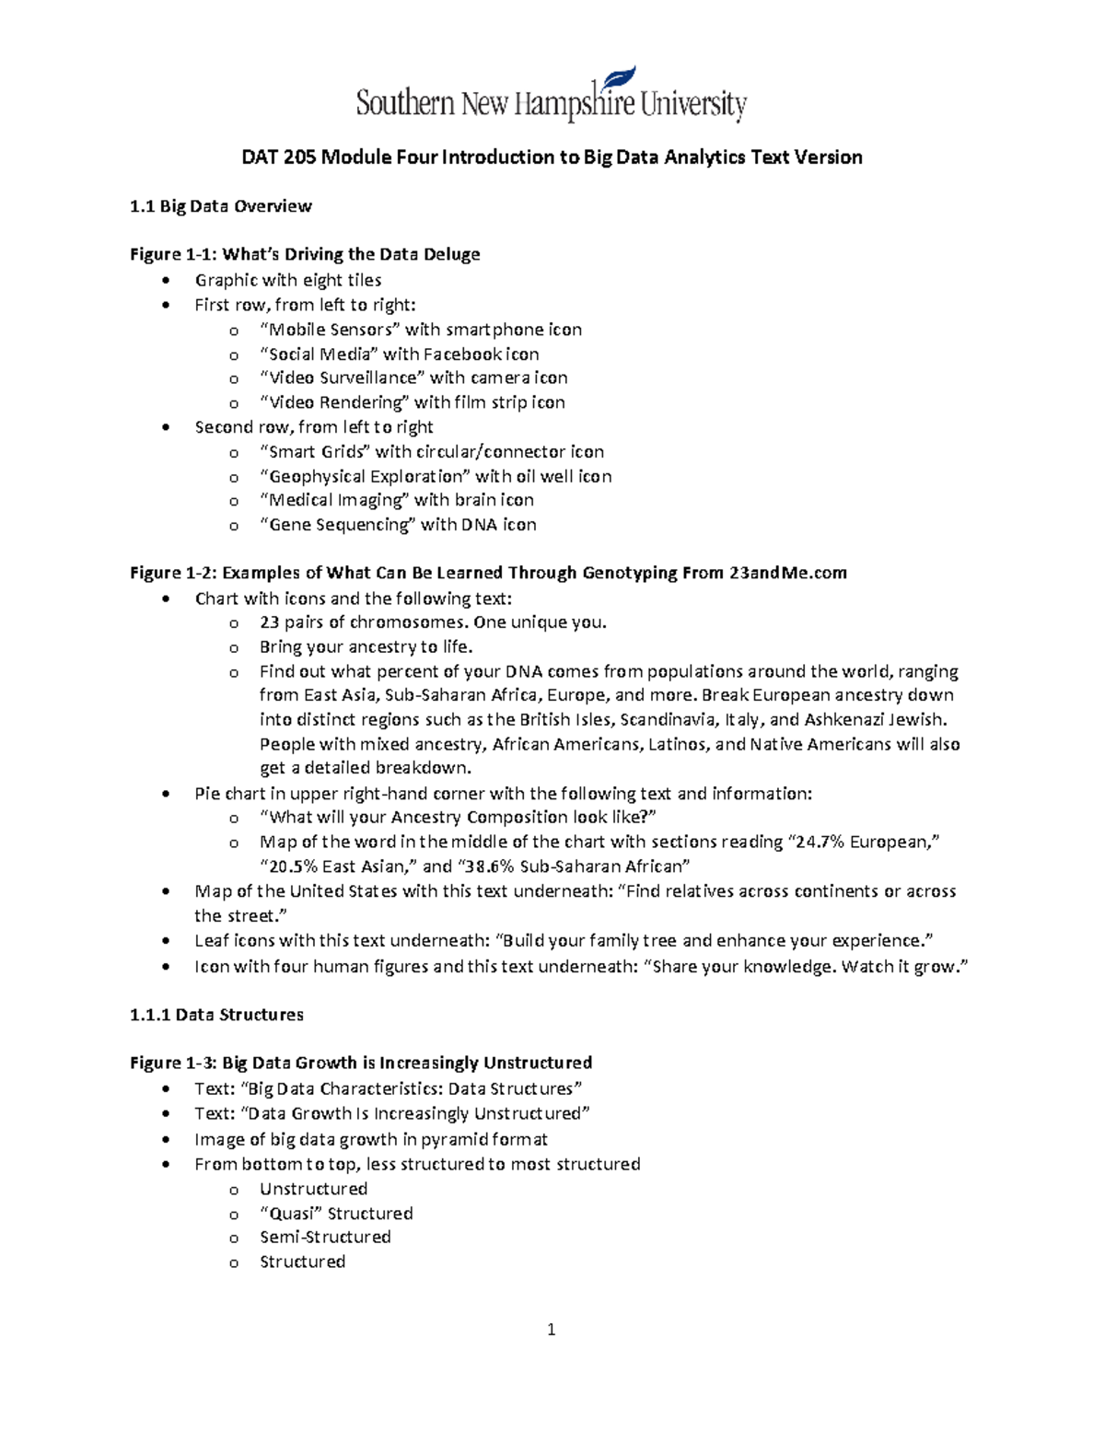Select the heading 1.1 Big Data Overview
[x=221, y=206]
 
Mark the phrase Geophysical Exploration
[x=365, y=476]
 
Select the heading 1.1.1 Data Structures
[x=216, y=1015]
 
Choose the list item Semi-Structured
[x=325, y=1238]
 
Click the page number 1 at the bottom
[x=551, y=1329]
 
